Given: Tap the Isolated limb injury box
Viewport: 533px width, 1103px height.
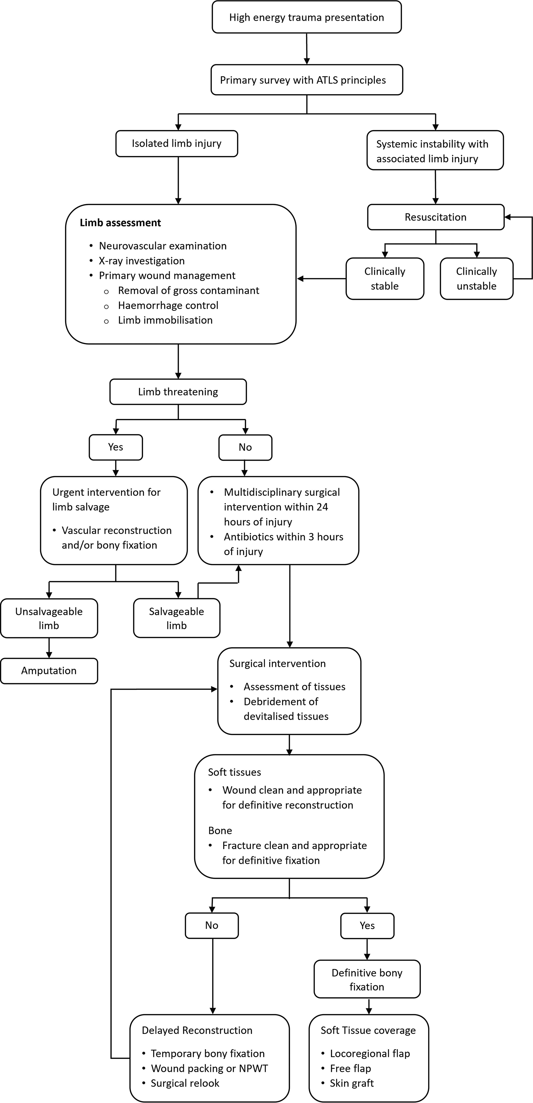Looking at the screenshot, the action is [x=177, y=143].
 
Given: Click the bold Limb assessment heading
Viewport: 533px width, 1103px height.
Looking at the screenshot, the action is [x=120, y=223].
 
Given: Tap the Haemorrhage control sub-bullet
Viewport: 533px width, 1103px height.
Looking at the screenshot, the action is [x=168, y=305].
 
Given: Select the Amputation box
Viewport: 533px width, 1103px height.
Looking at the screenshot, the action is [x=49, y=670].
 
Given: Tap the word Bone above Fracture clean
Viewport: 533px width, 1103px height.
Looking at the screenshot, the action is [x=220, y=831].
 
